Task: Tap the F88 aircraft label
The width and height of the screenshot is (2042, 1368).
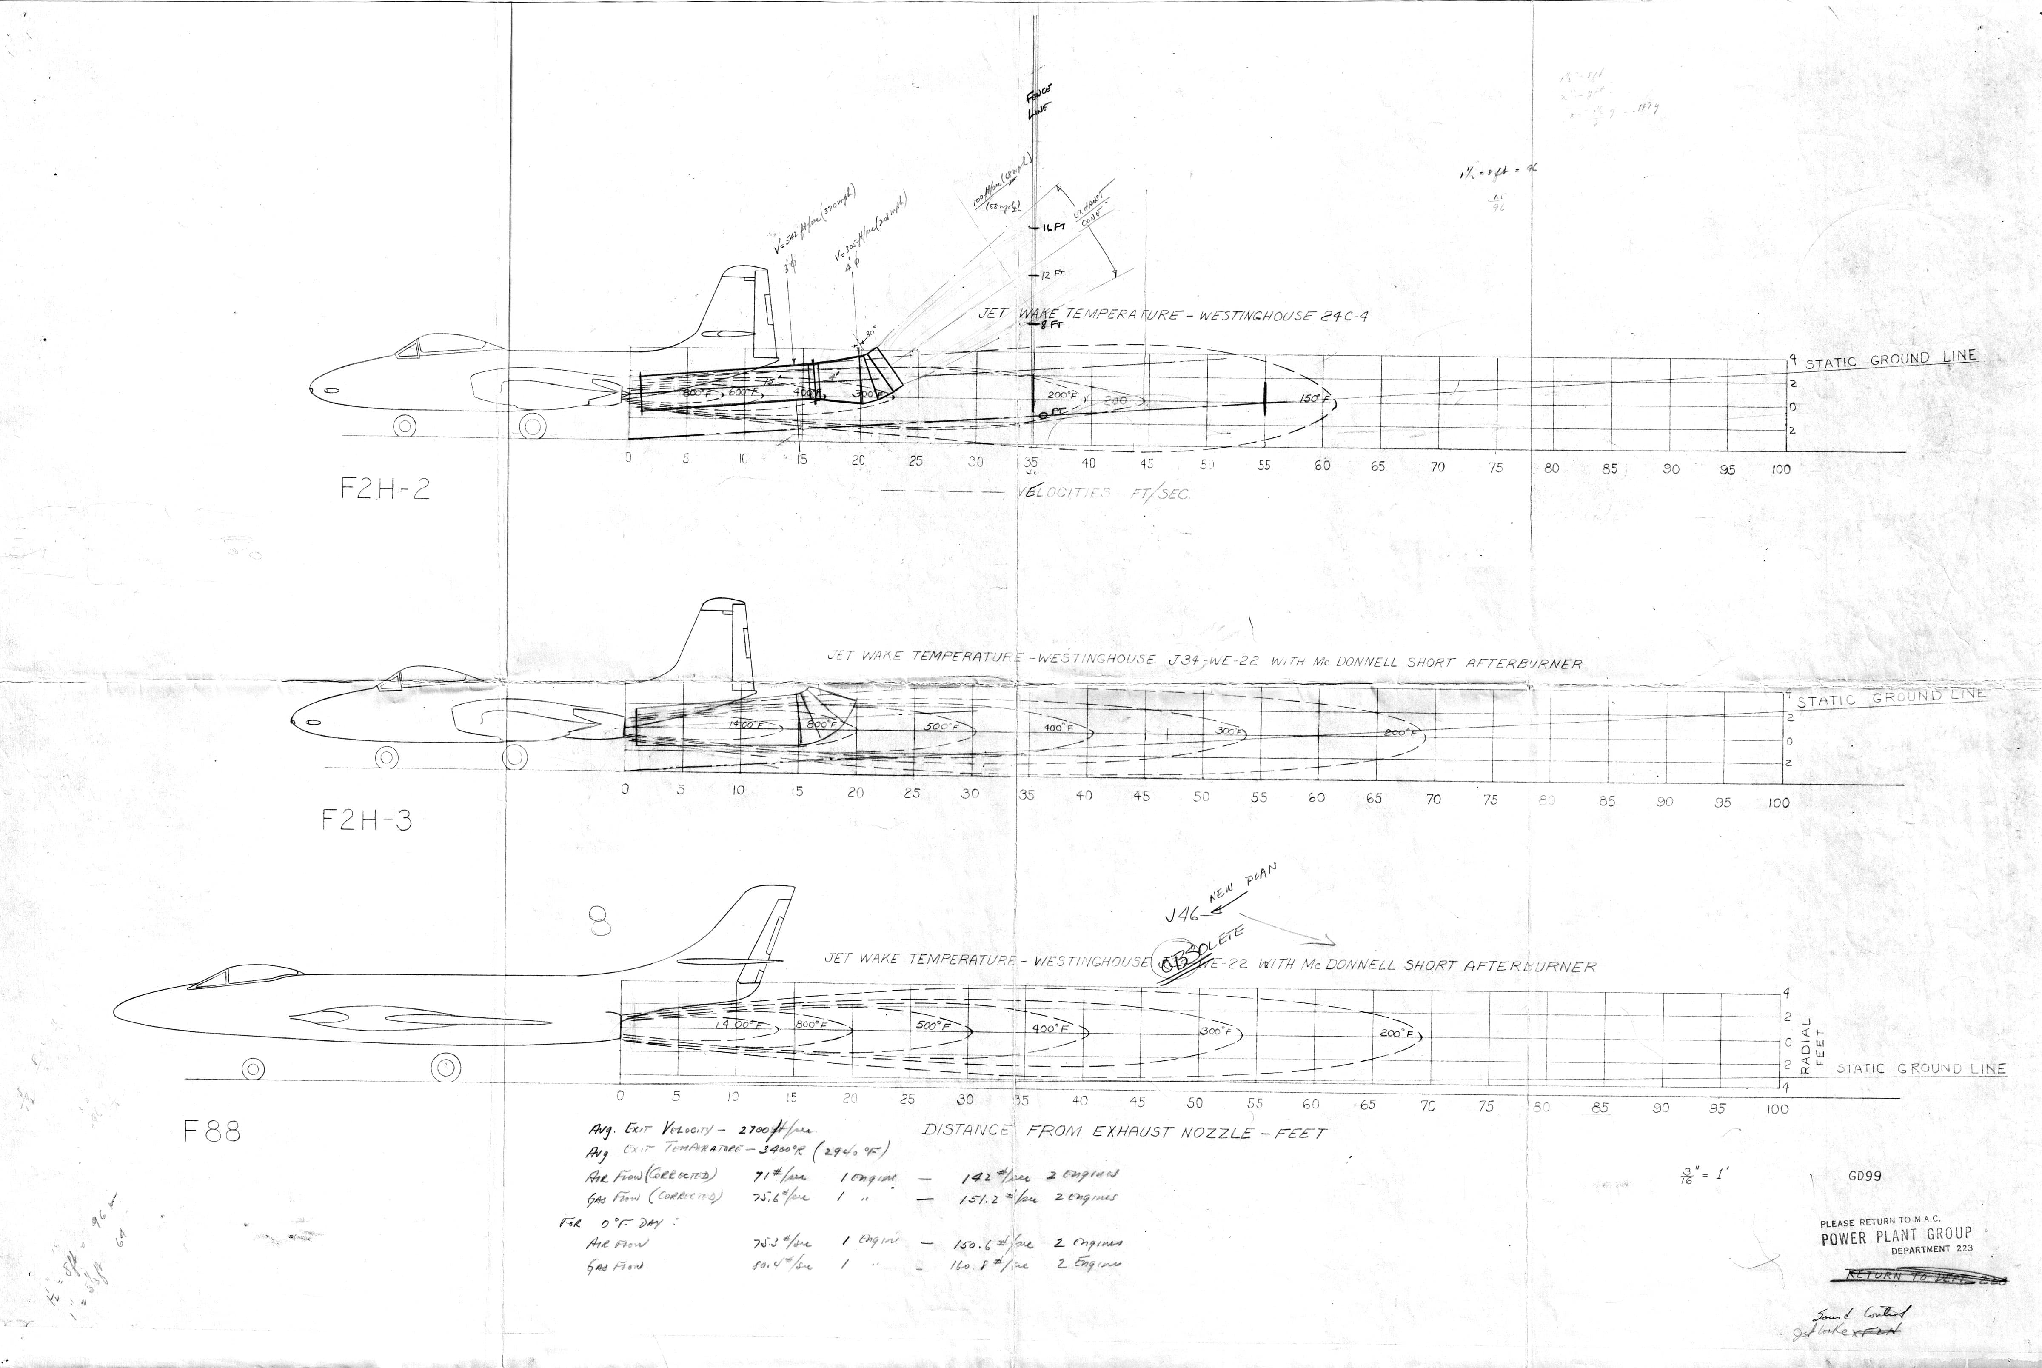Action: [212, 1131]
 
